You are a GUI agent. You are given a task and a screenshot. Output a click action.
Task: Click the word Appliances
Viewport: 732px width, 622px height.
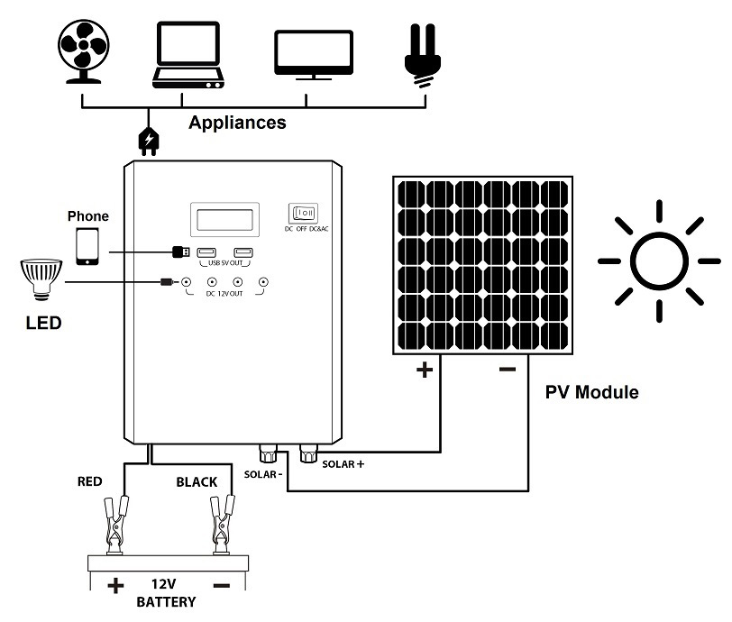click(237, 123)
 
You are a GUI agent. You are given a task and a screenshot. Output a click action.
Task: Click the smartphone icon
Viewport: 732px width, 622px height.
click(87, 245)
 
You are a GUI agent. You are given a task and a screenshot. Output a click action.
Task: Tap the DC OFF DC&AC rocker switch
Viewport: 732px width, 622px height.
click(304, 214)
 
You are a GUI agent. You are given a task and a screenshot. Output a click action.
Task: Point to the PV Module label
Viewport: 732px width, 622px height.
click(591, 393)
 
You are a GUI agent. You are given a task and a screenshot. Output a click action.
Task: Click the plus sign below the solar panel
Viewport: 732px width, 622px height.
click(425, 370)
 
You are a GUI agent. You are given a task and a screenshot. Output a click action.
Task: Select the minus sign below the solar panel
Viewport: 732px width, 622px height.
click(507, 369)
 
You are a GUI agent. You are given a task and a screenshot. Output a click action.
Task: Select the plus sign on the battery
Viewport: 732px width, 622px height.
click(115, 586)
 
